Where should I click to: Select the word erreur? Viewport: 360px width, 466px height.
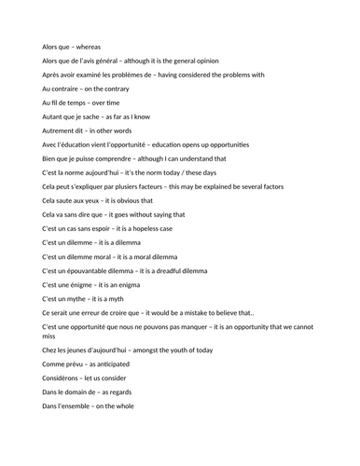click(x=92, y=312)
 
